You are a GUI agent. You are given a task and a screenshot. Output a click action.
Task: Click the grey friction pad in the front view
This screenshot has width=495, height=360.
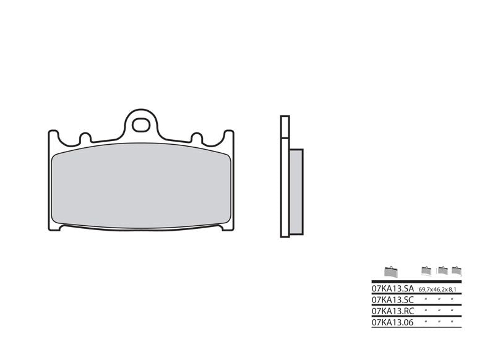point(141,186)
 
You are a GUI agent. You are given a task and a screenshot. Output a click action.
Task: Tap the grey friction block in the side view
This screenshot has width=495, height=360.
point(296,192)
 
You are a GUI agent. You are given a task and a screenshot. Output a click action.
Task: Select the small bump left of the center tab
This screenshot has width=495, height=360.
point(85,137)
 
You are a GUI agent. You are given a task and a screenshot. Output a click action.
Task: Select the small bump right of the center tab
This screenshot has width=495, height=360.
point(197,137)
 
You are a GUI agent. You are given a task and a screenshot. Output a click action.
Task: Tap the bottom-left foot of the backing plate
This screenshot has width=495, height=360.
point(56,226)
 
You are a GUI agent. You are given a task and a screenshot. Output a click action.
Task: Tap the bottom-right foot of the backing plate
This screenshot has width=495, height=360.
point(226,226)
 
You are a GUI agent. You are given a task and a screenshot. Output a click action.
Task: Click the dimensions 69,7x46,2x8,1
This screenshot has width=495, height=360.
point(439,289)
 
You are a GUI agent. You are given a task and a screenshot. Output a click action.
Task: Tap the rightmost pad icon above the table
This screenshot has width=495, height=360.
point(457,270)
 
